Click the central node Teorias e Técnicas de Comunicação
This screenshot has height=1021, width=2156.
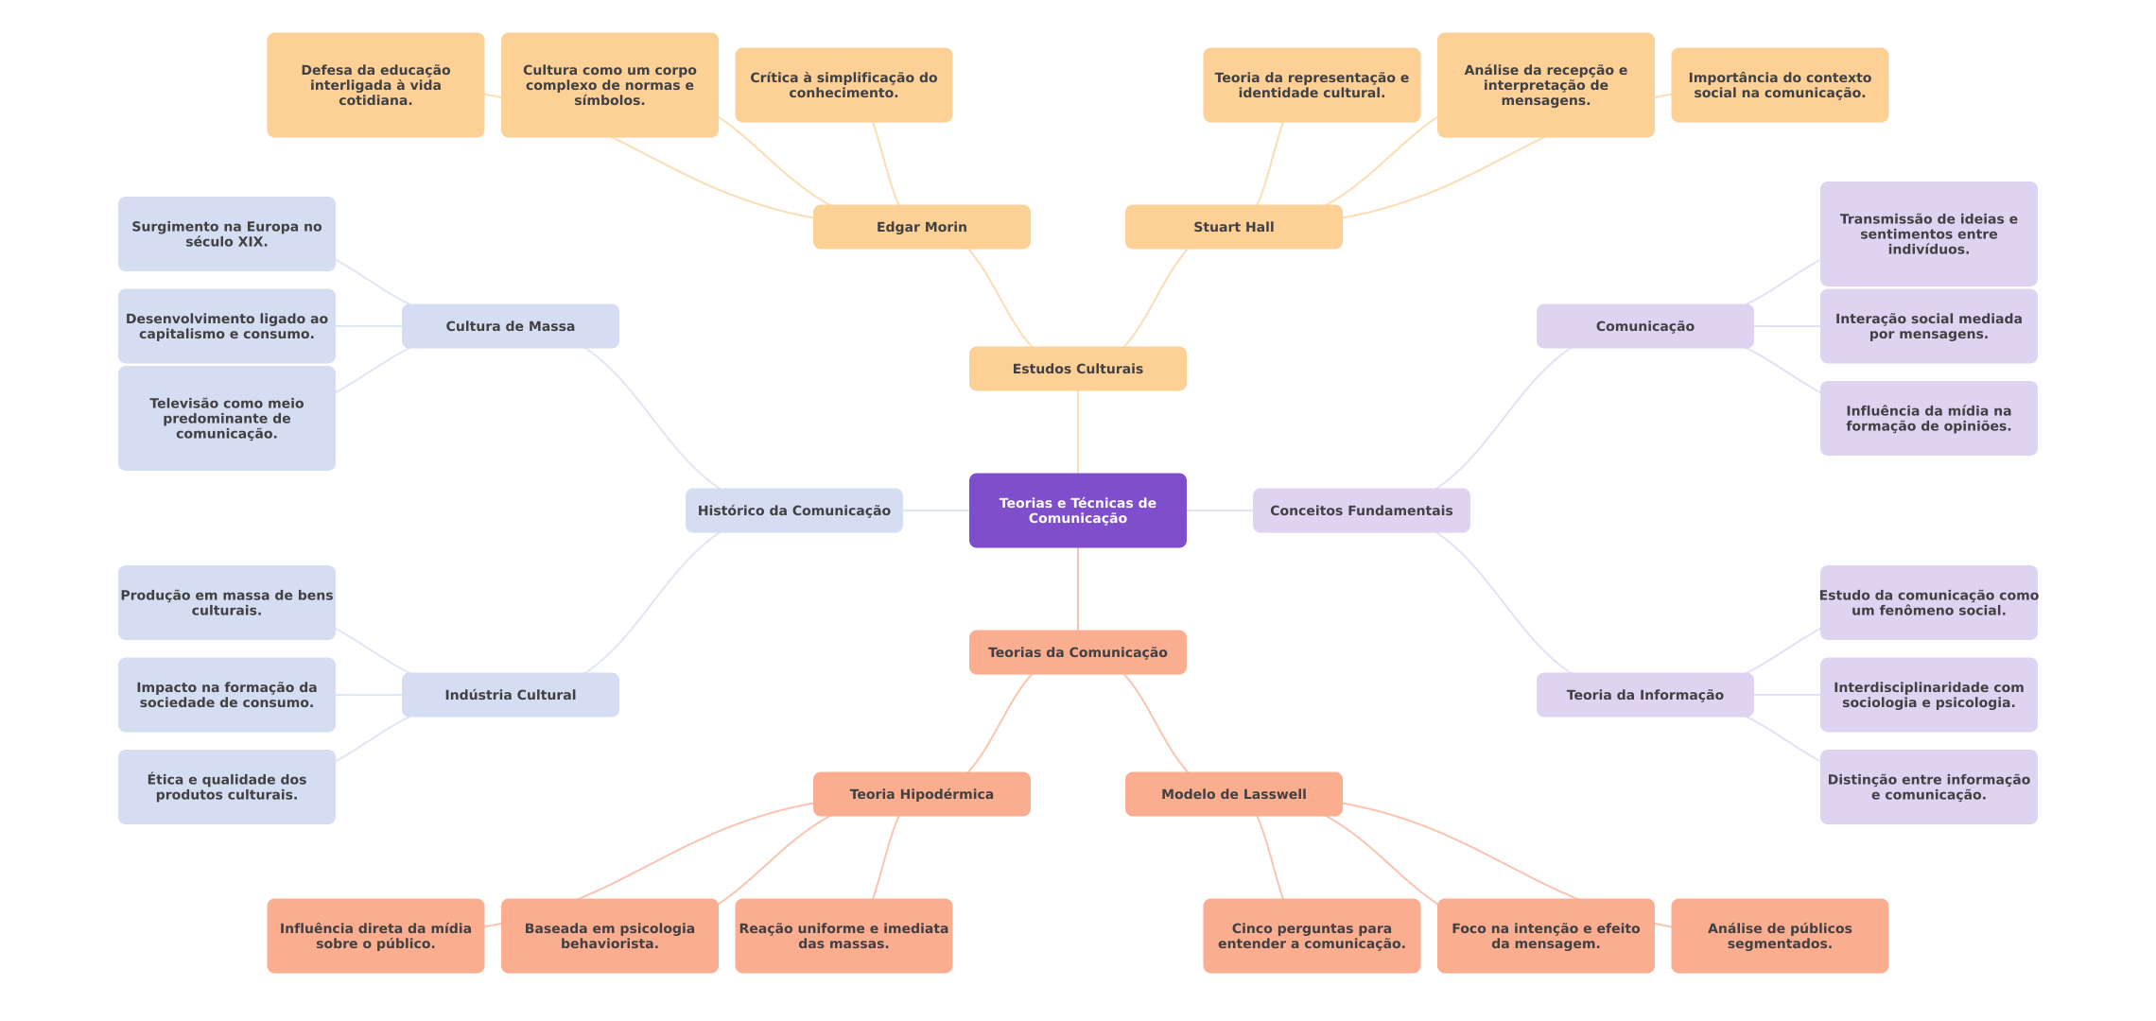(x=1077, y=510)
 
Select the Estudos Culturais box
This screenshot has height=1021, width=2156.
(x=1077, y=369)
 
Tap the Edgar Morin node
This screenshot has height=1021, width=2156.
(x=921, y=227)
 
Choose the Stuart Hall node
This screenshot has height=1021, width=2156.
(x=1233, y=227)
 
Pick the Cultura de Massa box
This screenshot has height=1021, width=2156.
(x=510, y=326)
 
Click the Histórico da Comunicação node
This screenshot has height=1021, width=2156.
(x=793, y=510)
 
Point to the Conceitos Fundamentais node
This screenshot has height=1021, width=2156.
(x=1361, y=510)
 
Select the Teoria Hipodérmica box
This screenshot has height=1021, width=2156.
(x=921, y=794)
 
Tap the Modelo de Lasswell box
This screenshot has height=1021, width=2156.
(x=1233, y=794)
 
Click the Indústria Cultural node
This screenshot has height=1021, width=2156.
(x=510, y=695)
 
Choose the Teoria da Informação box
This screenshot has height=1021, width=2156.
(x=1644, y=695)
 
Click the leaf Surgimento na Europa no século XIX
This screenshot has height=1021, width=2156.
(x=226, y=234)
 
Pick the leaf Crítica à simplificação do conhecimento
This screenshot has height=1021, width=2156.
(x=843, y=85)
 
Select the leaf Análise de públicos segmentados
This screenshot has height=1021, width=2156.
(x=1780, y=936)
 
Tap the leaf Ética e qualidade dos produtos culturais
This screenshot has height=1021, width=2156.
(x=226, y=787)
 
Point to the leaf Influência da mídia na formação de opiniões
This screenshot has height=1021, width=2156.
(x=1928, y=418)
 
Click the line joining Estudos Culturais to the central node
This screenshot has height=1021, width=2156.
(x=1078, y=432)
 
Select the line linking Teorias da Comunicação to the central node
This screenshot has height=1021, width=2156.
(x=1078, y=589)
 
